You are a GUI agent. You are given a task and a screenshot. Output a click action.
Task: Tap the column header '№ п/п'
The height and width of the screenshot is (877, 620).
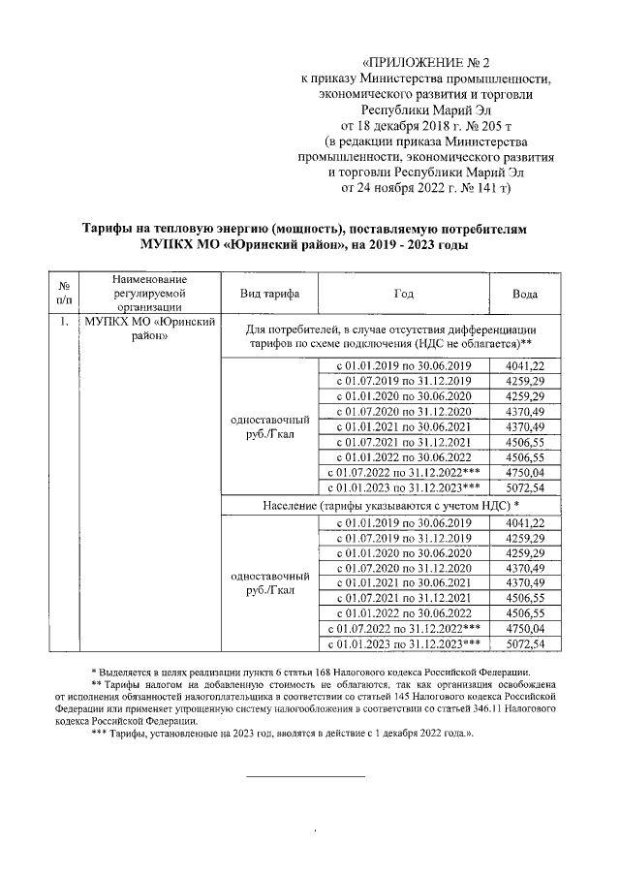(63, 293)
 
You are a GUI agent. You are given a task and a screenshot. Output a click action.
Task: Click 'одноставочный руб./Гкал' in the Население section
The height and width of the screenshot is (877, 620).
(264, 583)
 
